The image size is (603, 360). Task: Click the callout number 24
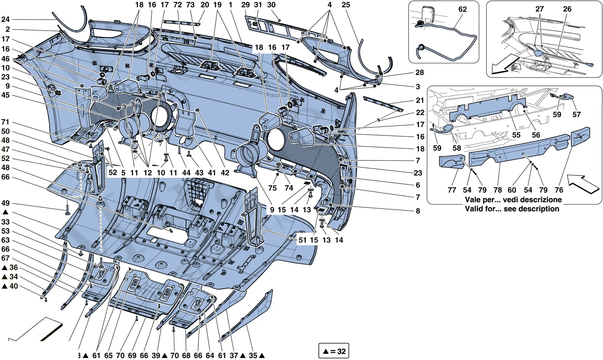(x=5, y=19)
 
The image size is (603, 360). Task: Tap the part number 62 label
(x=462, y=9)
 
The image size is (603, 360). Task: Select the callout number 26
(x=567, y=9)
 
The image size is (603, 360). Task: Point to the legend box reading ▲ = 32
(x=334, y=351)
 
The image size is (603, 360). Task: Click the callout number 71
(x=5, y=122)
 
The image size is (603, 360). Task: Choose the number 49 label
(x=5, y=203)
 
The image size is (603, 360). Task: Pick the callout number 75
(x=272, y=188)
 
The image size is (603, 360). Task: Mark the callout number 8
(x=418, y=211)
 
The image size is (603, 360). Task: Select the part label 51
(x=303, y=240)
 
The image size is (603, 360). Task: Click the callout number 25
(x=346, y=5)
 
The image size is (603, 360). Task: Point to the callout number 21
(x=420, y=101)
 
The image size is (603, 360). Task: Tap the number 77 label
(x=452, y=190)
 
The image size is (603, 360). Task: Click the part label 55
(x=516, y=135)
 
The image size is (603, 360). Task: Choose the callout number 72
(x=178, y=5)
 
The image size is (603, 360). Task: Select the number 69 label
(x=132, y=355)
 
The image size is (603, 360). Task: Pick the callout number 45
(x=5, y=95)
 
